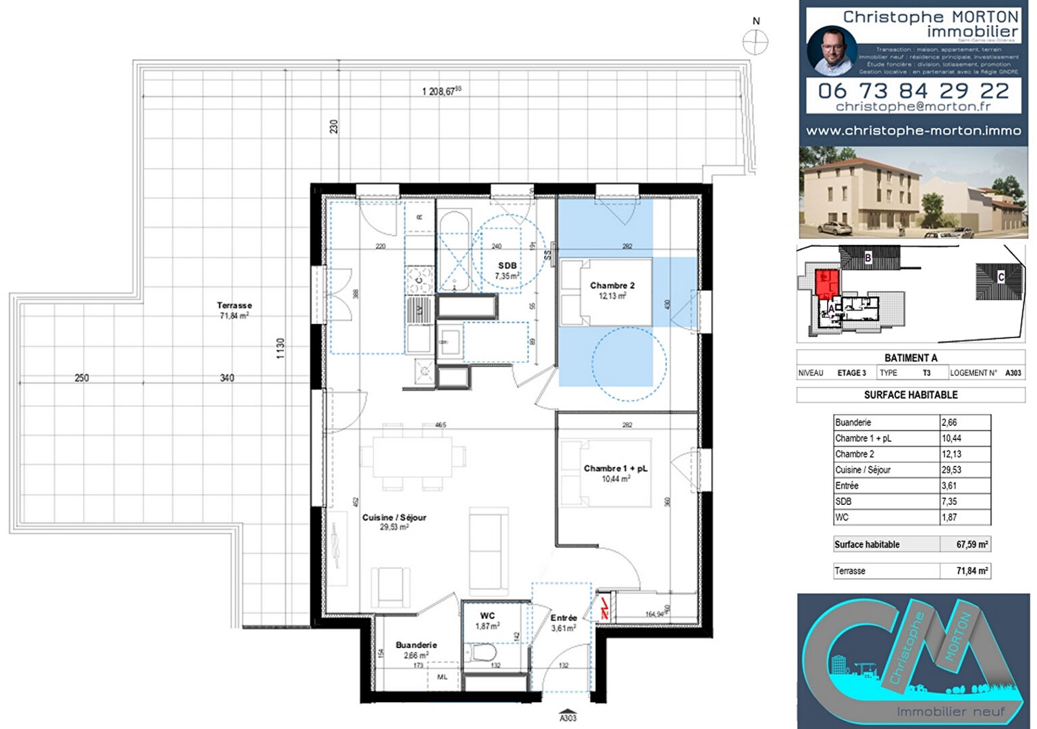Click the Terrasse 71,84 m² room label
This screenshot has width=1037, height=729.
click(x=234, y=310)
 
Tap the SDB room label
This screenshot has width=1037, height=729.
click(x=507, y=271)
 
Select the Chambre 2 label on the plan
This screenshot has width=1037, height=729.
click(x=612, y=290)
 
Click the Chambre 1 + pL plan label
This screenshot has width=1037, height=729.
click(x=615, y=473)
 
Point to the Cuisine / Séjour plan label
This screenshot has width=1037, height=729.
click(x=394, y=522)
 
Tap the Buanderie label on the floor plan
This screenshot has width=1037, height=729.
click(x=416, y=649)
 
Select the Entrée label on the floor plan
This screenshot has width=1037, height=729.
click(x=563, y=622)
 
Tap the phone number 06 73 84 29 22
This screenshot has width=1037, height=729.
click(x=913, y=90)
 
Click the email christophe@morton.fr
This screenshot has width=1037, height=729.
click(x=913, y=107)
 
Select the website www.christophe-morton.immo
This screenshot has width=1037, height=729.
click(x=913, y=131)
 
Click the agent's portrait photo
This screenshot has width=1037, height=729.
click(x=832, y=51)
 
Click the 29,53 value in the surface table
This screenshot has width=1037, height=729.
click(x=951, y=470)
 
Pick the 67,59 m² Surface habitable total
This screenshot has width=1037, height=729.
click(x=972, y=545)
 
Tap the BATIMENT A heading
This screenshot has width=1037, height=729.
click(x=911, y=358)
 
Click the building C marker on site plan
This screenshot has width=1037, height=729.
click(x=1001, y=277)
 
